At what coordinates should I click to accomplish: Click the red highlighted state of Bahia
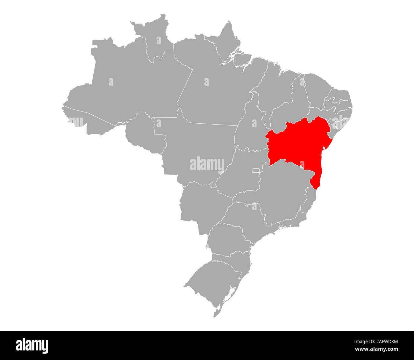[296, 143]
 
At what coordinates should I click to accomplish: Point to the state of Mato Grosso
[194, 150]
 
